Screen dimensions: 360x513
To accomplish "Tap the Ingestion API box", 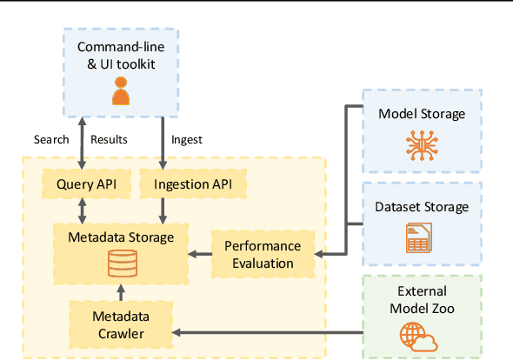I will (199, 184).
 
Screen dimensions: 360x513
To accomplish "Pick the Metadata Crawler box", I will (109, 323).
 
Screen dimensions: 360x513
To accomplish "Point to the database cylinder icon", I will (122, 264).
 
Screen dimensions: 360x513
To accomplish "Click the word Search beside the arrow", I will (51, 139).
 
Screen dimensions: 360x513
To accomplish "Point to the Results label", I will (109, 139).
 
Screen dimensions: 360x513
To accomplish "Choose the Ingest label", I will (187, 139).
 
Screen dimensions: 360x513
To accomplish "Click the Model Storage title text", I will (422, 114).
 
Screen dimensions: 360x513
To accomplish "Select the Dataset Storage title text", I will (422, 207).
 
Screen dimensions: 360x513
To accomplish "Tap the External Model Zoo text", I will (422, 299).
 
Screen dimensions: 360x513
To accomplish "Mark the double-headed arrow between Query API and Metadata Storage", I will (81, 209).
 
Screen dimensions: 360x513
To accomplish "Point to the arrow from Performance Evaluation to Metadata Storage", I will (201, 254).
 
